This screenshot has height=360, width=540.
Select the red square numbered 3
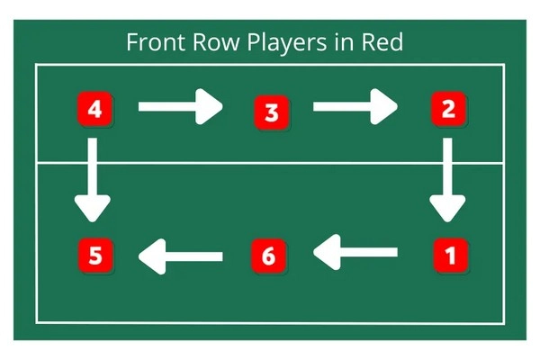[270, 112]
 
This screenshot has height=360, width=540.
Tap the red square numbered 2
[445, 110]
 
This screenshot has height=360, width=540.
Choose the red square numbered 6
[267, 256]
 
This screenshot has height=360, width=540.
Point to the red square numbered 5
[94, 256]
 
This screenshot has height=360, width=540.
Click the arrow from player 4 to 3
[180, 107]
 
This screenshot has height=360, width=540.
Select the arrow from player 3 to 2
[355, 107]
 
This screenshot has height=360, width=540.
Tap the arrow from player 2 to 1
[446, 180]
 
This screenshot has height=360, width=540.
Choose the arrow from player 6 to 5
[181, 256]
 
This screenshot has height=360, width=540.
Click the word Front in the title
[153, 42]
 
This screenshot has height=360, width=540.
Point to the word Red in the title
[389, 42]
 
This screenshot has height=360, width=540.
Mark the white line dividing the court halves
[270, 164]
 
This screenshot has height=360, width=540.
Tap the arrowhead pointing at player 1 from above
[446, 209]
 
